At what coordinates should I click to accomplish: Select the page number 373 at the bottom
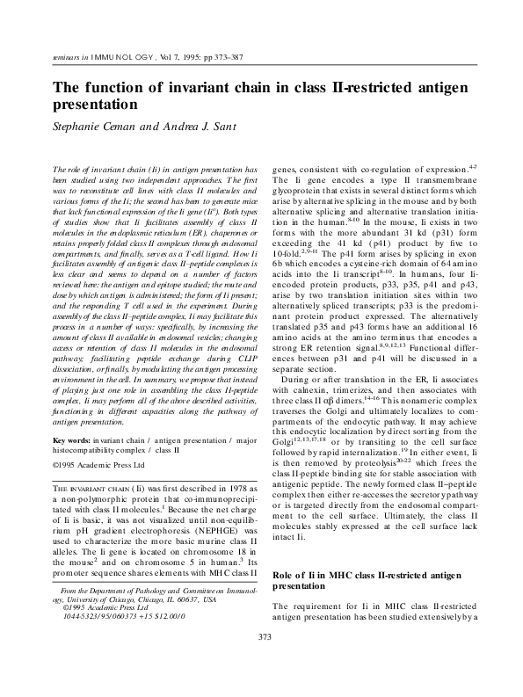pos(261,661)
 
